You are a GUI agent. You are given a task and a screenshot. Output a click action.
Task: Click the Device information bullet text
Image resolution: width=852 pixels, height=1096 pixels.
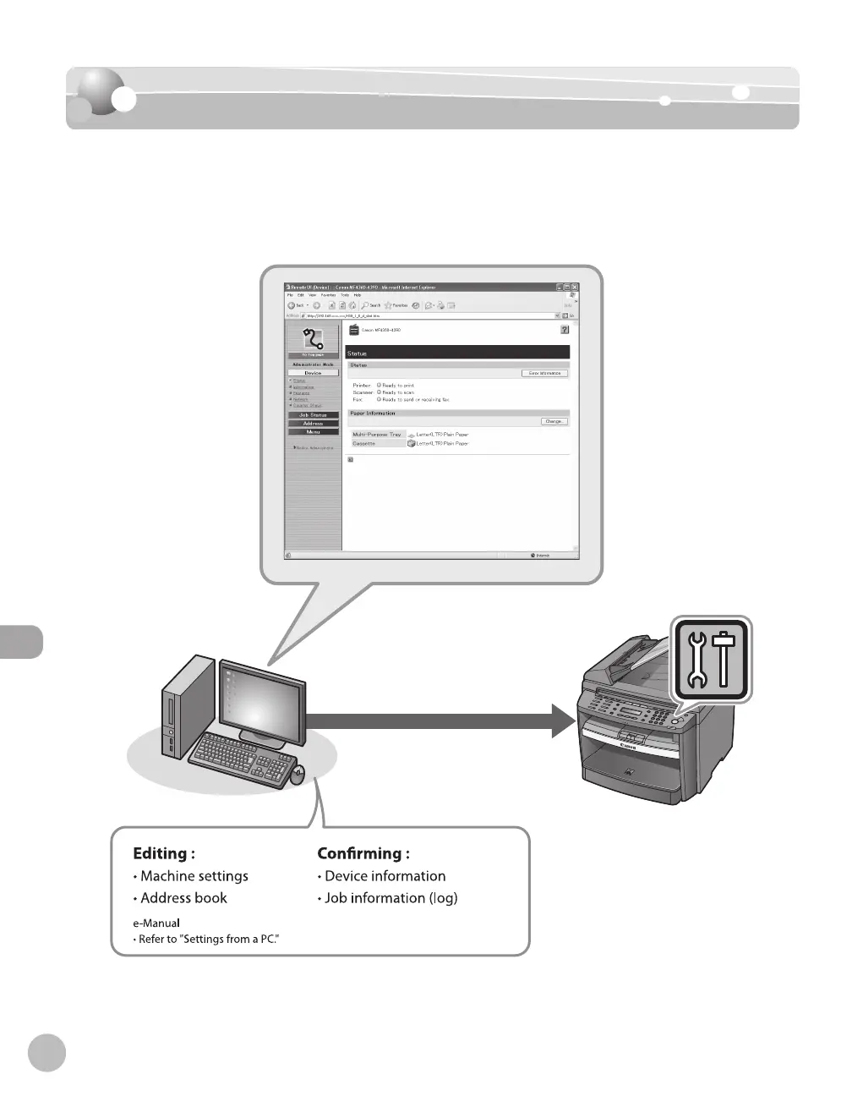(385, 876)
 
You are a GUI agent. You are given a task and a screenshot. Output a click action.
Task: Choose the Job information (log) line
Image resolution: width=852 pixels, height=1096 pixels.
(390, 898)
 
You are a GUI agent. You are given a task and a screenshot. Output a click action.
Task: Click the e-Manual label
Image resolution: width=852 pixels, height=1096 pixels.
(156, 923)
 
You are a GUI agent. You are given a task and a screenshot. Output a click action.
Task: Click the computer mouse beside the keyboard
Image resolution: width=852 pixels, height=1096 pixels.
(298, 774)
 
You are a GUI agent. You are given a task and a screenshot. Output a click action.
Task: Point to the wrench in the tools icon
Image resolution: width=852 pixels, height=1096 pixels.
(697, 659)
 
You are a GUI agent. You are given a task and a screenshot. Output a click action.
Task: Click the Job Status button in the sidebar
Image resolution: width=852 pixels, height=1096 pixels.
(313, 415)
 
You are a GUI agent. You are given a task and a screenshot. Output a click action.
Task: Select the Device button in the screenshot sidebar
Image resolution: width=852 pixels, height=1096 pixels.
(313, 373)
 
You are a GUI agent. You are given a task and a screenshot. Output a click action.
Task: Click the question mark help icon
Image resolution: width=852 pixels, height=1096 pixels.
(565, 330)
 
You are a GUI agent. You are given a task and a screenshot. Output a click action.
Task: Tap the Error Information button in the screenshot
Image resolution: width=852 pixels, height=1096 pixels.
(545, 373)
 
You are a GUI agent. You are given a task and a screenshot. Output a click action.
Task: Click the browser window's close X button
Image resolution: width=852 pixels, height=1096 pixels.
(575, 288)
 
